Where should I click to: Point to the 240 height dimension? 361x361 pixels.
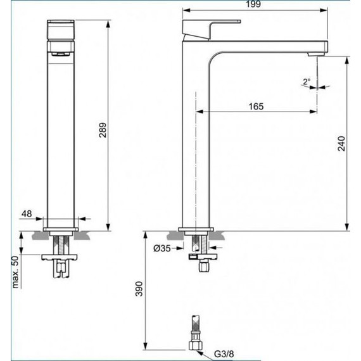click(342, 144)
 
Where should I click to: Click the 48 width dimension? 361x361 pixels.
click(26, 215)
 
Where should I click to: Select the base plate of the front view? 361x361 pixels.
click(61, 227)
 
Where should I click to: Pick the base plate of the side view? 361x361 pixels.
click(197, 229)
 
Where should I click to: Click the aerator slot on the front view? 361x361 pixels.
click(61, 56)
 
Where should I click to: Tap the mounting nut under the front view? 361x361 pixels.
click(61, 258)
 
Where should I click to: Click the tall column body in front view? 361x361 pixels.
click(61, 139)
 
